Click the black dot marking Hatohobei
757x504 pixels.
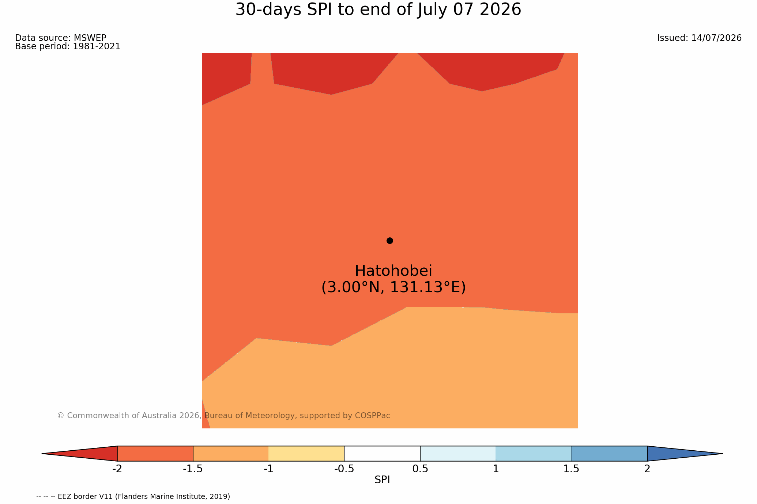coord(390,241)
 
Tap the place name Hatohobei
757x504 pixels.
coord(393,271)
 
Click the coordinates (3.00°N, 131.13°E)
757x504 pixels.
coord(393,287)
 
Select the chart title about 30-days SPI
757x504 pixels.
coord(378,10)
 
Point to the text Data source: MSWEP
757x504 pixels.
coord(61,38)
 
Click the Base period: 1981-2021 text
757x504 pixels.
coord(68,47)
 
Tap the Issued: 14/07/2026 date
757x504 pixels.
coord(699,38)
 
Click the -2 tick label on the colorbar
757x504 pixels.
coord(117,469)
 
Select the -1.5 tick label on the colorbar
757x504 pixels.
coord(193,469)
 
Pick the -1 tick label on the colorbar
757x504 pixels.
coord(269,469)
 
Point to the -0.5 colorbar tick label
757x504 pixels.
coord(344,469)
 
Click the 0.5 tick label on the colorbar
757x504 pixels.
coord(420,469)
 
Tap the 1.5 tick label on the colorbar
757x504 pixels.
coord(572,469)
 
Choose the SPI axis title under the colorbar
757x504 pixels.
coord(382,480)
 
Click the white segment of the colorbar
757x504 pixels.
coord(382,454)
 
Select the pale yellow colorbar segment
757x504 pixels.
coord(306,454)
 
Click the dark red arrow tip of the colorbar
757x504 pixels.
coord(42,454)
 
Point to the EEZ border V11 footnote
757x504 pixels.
coord(133,497)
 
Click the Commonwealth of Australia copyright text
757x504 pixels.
coord(223,416)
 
